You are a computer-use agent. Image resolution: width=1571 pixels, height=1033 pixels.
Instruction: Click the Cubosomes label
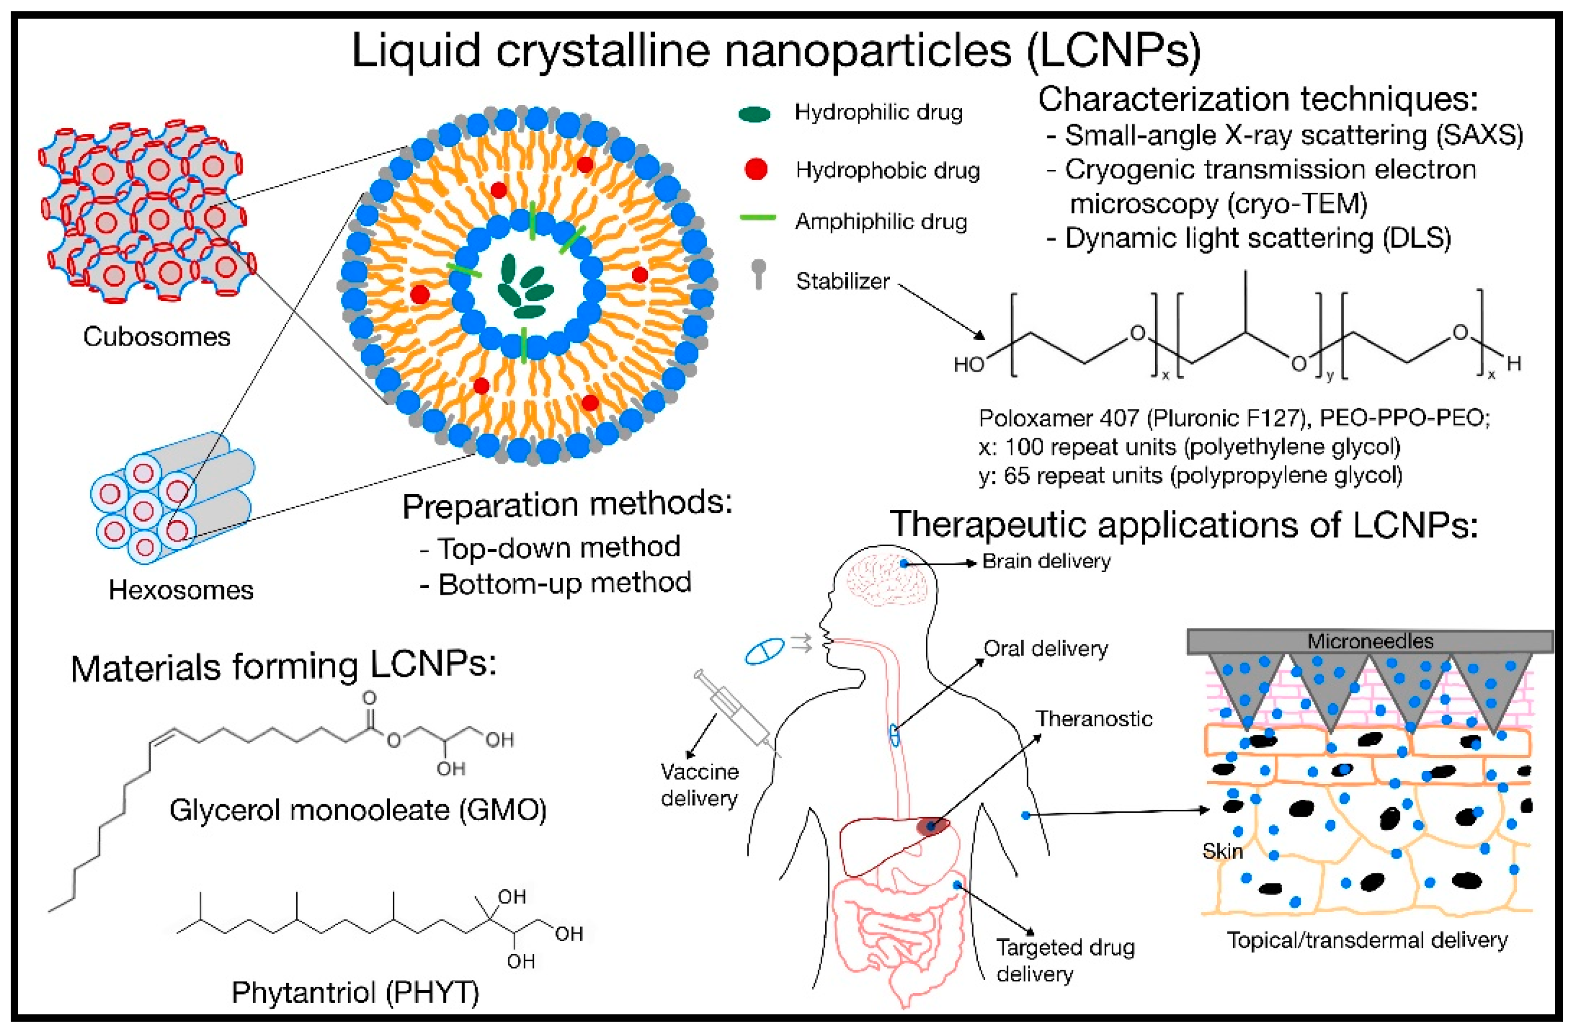[x=156, y=337]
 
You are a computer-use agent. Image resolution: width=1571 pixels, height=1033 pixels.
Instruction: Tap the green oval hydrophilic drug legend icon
[x=754, y=114]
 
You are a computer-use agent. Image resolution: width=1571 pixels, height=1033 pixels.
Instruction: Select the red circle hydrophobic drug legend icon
[x=756, y=169]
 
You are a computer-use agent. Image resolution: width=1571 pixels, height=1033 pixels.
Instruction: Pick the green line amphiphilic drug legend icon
[x=757, y=217]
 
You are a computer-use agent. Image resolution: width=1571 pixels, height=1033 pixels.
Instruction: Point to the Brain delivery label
[x=1046, y=561]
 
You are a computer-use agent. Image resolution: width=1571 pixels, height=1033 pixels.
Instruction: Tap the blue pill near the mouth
[x=765, y=651]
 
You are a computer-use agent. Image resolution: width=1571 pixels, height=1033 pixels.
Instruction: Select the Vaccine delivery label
[x=699, y=784]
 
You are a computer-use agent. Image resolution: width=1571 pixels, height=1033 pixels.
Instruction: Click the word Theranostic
[x=1093, y=718]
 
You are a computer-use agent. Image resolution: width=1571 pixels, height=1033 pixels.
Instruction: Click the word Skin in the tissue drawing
[x=1222, y=851]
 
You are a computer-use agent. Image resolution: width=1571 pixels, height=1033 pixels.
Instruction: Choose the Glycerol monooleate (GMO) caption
[x=358, y=810]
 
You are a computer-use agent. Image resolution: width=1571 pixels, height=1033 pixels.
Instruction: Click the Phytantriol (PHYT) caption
[x=354, y=992]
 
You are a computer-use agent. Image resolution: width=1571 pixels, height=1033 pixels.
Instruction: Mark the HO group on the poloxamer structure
[x=968, y=364]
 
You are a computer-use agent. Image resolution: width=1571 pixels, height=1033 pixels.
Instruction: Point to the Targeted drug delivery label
[x=1064, y=960]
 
